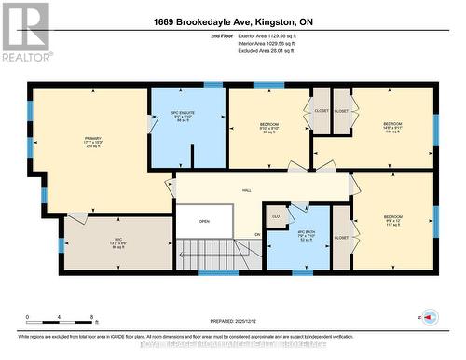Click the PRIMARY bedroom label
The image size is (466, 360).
point(92,143)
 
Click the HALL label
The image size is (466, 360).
point(247,189)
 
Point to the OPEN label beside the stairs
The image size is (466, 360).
point(204,221)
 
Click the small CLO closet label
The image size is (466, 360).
point(276,216)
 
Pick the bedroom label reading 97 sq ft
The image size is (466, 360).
point(269,129)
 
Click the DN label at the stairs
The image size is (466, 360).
point(257,234)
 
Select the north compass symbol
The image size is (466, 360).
point(430,318)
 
